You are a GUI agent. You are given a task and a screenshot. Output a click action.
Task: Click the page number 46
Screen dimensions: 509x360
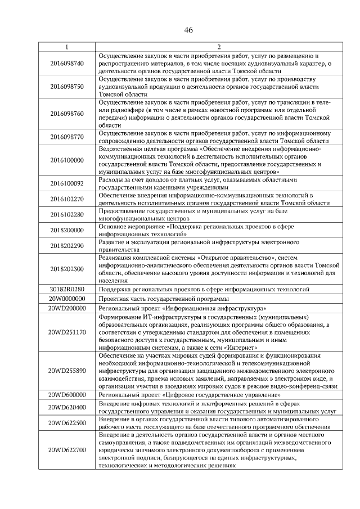point(188,30)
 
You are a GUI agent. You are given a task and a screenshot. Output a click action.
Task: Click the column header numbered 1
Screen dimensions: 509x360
point(66,46)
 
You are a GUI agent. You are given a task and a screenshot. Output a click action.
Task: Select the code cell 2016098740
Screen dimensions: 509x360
point(66,64)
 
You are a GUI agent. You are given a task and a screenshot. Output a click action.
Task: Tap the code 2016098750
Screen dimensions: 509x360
point(66,87)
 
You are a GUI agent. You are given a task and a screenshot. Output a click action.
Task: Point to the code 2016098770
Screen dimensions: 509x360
point(66,137)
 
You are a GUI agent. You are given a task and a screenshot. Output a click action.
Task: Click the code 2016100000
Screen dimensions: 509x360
point(66,160)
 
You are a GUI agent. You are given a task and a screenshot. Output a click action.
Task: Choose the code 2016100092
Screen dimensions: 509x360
point(66,183)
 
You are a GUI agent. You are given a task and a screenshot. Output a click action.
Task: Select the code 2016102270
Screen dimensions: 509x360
point(66,199)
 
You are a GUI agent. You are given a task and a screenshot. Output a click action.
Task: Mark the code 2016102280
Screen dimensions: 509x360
point(66,214)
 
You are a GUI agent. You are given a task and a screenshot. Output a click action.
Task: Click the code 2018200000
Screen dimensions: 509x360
point(66,230)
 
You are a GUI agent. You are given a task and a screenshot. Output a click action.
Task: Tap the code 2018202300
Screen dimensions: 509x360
point(66,269)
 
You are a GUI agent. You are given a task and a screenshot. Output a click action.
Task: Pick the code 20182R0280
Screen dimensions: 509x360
point(66,289)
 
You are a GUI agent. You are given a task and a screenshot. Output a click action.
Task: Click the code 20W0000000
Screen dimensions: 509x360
point(66,299)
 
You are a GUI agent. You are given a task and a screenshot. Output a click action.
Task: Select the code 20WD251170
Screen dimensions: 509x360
point(66,332)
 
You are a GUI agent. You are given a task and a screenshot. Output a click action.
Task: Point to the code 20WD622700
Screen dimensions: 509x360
point(66,450)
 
